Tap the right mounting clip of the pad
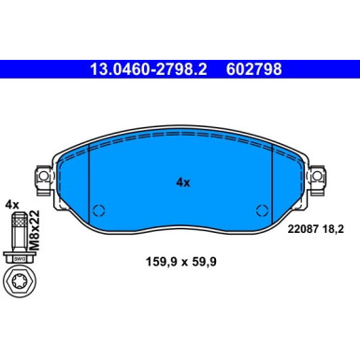321,175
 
